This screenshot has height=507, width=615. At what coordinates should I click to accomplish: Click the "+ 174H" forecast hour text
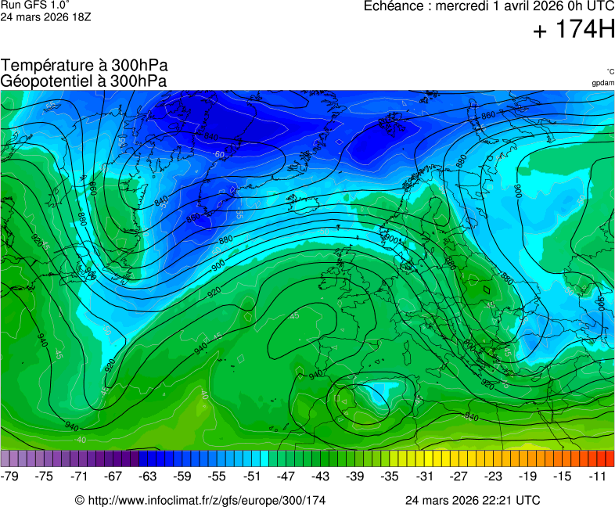coord(574,31)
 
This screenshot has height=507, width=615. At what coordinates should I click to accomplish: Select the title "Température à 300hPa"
coord(85,67)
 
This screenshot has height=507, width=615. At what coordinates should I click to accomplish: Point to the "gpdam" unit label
coord(602,83)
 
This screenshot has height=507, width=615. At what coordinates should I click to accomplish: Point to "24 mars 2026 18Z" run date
coord(46,16)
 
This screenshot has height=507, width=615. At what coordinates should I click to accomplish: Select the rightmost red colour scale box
coord(610,458)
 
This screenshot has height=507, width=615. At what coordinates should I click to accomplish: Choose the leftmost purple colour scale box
coord(5,458)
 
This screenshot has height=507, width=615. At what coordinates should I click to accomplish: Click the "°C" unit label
coord(610,72)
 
